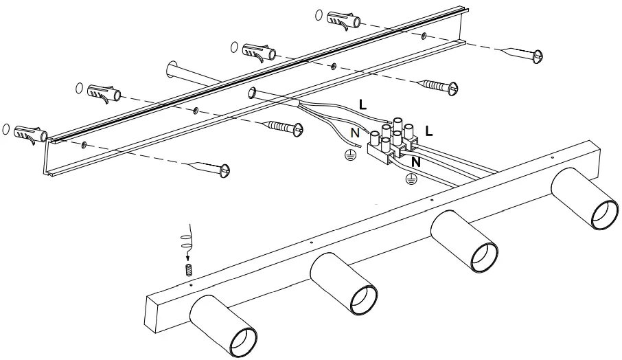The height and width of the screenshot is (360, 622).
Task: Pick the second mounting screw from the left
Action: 283,127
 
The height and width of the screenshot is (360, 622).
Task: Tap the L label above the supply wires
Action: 362,104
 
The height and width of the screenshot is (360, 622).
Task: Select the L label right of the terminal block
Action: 429,129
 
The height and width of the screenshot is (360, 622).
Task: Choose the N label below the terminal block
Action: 415,163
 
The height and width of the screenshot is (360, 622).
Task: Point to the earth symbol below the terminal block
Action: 411,180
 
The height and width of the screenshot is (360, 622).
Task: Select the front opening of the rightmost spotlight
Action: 604,216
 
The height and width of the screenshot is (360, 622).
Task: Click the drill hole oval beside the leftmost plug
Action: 7,128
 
